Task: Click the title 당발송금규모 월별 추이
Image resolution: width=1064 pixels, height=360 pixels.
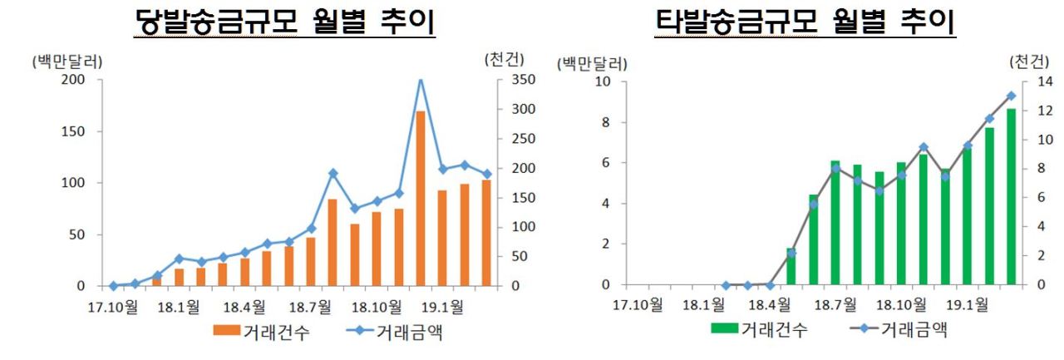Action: [284, 22]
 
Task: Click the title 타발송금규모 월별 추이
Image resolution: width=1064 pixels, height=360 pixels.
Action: [805, 22]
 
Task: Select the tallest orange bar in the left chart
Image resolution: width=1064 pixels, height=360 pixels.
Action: [421, 198]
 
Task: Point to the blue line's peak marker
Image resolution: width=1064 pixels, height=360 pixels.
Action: [421, 80]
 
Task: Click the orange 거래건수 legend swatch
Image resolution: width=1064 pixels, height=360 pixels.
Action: [226, 329]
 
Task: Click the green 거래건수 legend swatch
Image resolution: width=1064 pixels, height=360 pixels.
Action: [724, 328]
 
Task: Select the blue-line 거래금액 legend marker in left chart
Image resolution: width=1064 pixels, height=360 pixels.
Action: [361, 330]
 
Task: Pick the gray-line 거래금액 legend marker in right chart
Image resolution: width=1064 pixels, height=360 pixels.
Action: [864, 328]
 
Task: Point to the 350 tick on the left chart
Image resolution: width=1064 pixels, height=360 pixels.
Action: [524, 79]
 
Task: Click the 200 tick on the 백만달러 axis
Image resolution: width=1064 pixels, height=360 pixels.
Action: [73, 79]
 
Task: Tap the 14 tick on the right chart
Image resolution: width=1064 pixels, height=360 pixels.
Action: [1045, 81]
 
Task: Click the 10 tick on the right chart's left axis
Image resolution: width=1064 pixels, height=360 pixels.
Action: [603, 81]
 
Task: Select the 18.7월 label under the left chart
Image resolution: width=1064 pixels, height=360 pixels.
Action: [310, 307]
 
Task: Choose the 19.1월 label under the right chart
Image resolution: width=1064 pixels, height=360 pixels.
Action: [967, 304]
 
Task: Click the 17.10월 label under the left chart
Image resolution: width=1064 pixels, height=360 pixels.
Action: [112, 307]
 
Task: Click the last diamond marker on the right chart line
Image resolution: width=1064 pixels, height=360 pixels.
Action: [1012, 96]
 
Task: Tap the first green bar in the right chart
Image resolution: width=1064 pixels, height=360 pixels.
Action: [791, 266]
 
